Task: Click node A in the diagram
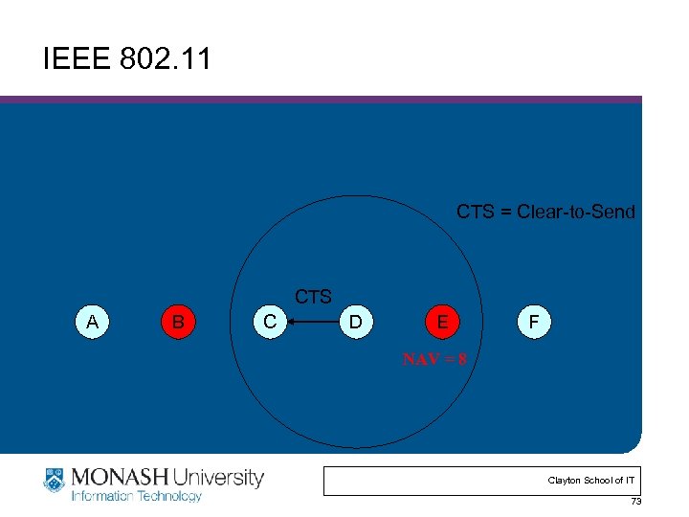tap(92, 323)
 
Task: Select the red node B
tap(177, 323)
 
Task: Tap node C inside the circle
tap(271, 323)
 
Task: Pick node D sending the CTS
tap(355, 323)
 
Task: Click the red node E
tap(441, 323)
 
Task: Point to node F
tap(533, 323)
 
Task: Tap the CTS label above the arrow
tap(313, 297)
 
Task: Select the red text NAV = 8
tap(435, 360)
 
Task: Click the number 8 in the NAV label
tap(463, 360)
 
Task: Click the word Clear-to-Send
tap(576, 212)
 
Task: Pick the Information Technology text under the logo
tap(137, 496)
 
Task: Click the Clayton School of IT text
tap(589, 480)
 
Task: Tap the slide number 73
tap(635, 503)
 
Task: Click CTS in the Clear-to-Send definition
tap(476, 212)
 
